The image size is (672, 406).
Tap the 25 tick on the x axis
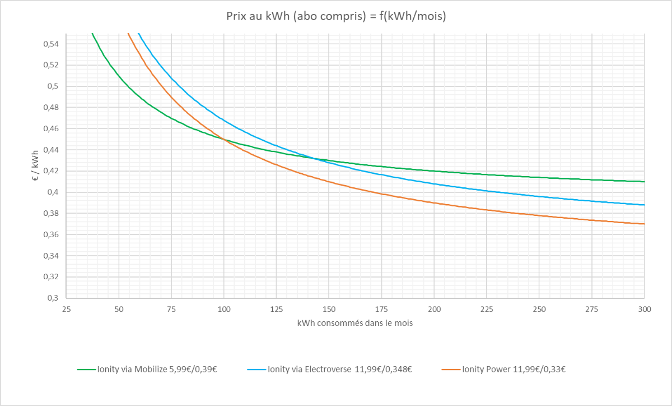pyautogui.click(x=66, y=309)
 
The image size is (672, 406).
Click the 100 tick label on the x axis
pyautogui.click(x=224, y=309)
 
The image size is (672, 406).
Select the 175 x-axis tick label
pyautogui.click(x=382, y=309)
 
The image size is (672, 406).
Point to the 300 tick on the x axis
pyautogui.click(x=645, y=309)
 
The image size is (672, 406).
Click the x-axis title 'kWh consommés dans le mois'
pyautogui.click(x=355, y=324)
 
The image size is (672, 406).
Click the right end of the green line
pyautogui.click(x=644, y=182)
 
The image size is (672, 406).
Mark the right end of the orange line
pyautogui.click(x=644, y=224)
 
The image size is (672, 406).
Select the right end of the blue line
pyautogui.click(x=644, y=205)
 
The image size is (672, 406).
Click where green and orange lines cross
pyautogui.click(x=224, y=140)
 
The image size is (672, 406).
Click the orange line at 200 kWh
pyautogui.click(x=435, y=203)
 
